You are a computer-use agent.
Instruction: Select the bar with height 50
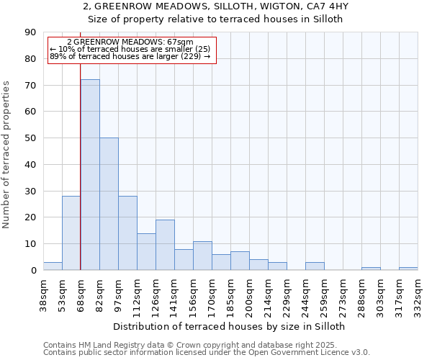109,204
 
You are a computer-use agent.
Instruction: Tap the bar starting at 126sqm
165,245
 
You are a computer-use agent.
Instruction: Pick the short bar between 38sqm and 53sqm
53,266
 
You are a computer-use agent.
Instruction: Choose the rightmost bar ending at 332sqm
408,269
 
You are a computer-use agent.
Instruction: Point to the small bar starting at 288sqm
371,269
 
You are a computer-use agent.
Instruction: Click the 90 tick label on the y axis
30,32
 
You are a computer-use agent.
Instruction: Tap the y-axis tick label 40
30,165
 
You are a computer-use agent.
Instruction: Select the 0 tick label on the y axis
33,271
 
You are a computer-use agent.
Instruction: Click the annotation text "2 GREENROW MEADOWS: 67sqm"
130,42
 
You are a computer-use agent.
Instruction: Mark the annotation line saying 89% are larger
130,56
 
